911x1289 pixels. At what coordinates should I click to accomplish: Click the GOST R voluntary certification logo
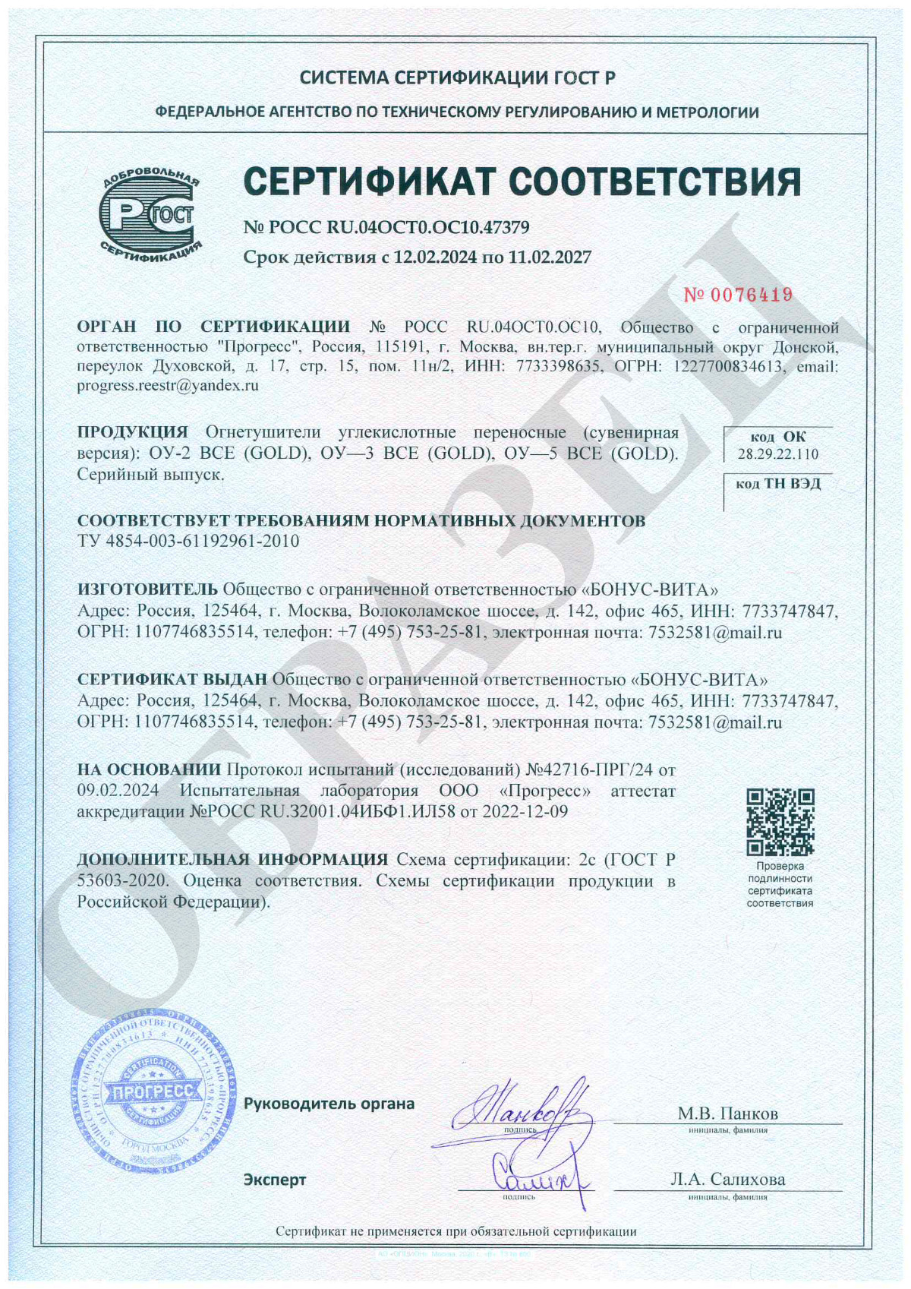pos(150,214)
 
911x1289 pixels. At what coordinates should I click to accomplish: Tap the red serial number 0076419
pos(738,295)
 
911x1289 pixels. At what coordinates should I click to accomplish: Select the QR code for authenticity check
pos(780,822)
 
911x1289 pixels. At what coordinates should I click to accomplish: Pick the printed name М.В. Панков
pos(727,1114)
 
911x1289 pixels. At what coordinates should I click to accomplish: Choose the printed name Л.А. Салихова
pos(727,1179)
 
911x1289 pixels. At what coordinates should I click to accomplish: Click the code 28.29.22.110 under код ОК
pos(778,454)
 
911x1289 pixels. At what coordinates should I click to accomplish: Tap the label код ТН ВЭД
pos(778,483)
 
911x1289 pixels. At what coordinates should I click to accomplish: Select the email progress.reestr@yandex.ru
pos(168,385)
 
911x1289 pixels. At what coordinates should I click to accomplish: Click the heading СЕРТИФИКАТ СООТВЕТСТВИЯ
pos(522,182)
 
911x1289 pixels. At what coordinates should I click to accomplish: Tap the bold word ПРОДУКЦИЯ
pos(132,432)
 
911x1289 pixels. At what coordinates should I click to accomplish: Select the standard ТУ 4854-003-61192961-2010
pos(188,541)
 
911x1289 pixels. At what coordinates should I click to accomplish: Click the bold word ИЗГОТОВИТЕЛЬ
pos(147,589)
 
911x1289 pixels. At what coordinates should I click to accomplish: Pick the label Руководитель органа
pos(329,1103)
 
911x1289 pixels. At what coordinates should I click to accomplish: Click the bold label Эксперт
pos(275,1179)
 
